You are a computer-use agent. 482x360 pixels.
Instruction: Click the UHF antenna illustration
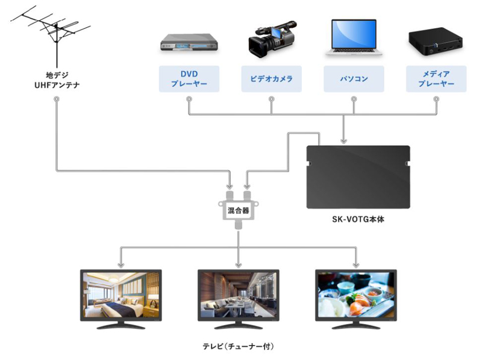point(53,33)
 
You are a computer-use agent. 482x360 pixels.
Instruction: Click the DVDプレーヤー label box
point(189,79)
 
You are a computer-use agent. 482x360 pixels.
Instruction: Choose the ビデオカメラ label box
point(271,79)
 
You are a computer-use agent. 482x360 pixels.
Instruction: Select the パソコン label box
point(354,79)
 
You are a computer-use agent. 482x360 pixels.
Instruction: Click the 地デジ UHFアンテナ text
point(56,80)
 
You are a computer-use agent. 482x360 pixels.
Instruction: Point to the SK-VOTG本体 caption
point(358,220)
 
